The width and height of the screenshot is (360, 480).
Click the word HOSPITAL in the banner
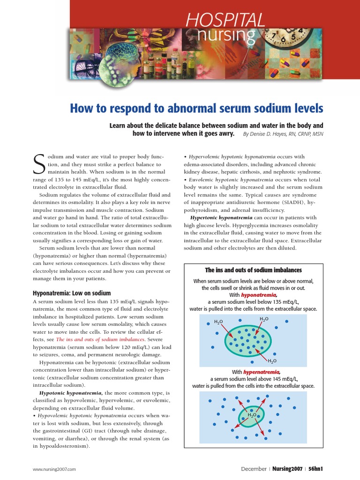pos(225,20)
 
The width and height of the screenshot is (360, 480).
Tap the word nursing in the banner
pos(226,35)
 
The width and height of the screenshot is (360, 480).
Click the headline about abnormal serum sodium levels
pos(196,109)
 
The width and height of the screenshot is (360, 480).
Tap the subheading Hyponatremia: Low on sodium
pos(71,293)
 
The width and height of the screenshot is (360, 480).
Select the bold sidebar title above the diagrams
pos(253,270)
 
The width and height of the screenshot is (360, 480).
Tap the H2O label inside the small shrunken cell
pos(252,415)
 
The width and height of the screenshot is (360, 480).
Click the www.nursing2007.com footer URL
pos(54,469)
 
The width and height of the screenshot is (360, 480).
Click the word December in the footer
pos(254,468)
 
